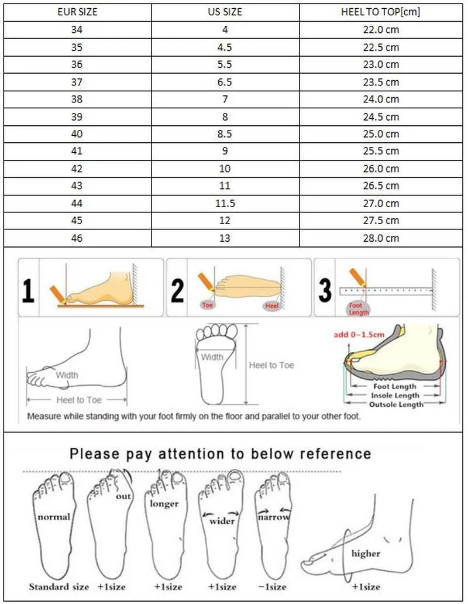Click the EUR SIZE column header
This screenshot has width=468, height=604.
(x=77, y=12)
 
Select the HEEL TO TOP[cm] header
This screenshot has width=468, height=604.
(x=380, y=12)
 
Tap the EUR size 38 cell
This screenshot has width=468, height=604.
(x=77, y=99)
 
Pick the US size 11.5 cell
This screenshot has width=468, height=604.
(x=225, y=203)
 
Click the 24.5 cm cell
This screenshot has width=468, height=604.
(x=380, y=116)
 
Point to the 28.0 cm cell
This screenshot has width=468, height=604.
(x=380, y=238)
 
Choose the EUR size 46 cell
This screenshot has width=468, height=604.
(x=77, y=238)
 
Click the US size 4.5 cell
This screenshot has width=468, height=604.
(x=225, y=47)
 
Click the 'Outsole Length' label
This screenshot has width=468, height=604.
(x=395, y=404)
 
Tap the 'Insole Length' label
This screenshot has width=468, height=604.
(x=395, y=396)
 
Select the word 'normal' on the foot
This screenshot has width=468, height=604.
(x=54, y=517)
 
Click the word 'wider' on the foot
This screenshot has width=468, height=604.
(x=222, y=520)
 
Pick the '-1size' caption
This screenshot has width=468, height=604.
(x=273, y=586)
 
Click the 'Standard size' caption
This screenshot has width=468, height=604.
(x=59, y=586)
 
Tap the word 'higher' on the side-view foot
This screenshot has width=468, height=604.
(x=366, y=553)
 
